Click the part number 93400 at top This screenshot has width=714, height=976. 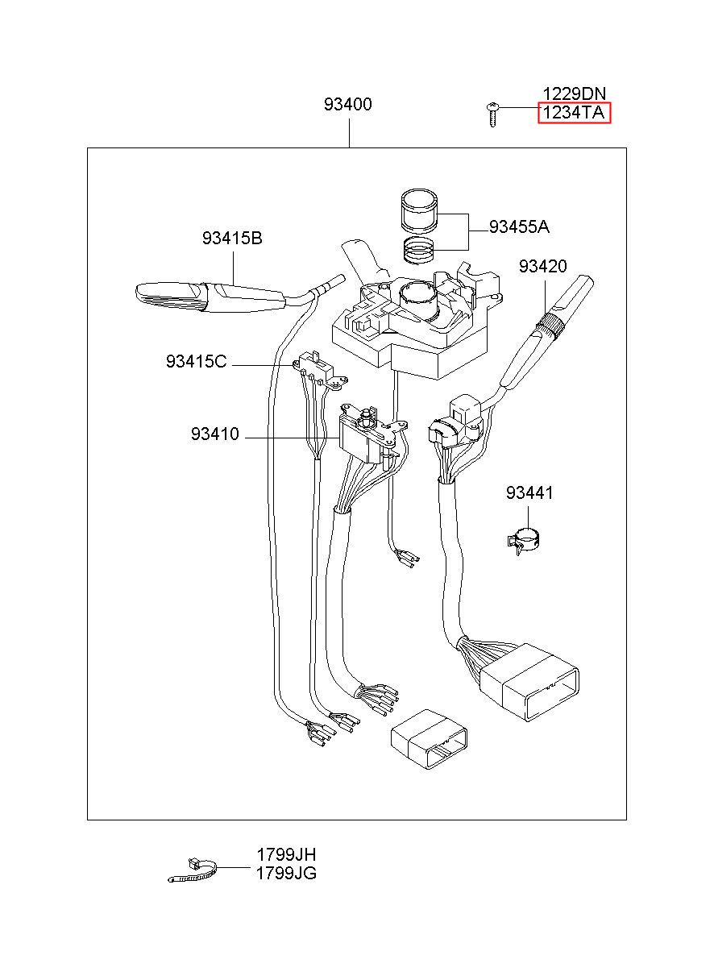pos(347,105)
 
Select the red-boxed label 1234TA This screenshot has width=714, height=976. pos(574,113)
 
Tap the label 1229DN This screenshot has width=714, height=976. pos(574,93)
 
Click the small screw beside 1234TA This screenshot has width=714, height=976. pos(492,114)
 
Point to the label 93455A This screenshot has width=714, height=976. pos(519,226)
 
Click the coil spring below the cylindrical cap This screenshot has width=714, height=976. pos(417,251)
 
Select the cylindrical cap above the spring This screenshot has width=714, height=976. pos(418,210)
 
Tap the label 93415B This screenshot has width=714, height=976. pos(232,239)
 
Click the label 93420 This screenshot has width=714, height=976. pos(542,266)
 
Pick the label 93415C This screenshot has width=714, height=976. pos(196,361)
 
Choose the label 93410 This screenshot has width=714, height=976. pos(215,434)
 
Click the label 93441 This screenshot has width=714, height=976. pos(529,492)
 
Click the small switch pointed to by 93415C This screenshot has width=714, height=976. pos(320,368)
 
